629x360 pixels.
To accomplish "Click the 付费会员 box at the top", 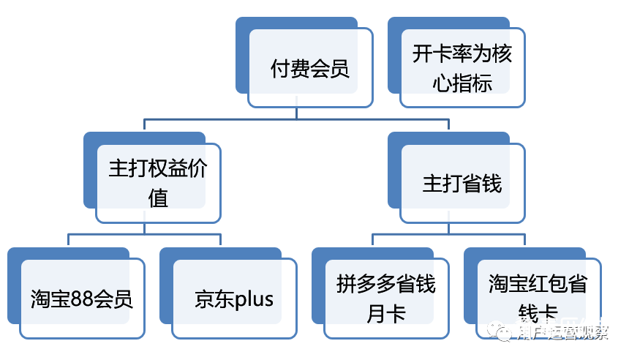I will pyautogui.click(x=309, y=70).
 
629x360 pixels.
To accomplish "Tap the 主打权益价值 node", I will pyautogui.click(x=158, y=184).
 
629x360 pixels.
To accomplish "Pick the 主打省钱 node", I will pyautogui.click(x=462, y=184).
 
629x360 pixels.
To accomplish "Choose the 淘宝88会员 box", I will pyautogui.click(x=82, y=299).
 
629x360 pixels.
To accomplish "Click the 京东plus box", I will pyautogui.click(x=234, y=299).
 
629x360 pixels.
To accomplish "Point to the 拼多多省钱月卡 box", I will pyautogui.click(x=386, y=299).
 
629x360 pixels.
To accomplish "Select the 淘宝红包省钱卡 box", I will pyautogui.click(x=538, y=299).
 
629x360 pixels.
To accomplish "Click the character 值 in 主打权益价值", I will pyautogui.click(x=158, y=198).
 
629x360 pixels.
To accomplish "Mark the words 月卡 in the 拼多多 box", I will pyautogui.click(x=386, y=313).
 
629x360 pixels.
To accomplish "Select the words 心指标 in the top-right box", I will pyautogui.click(x=462, y=83).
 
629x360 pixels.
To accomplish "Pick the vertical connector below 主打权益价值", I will pyautogui.click(x=144, y=228).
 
